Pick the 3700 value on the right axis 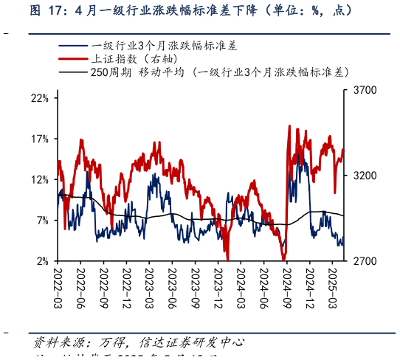pos(365,90)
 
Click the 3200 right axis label pos(365,176)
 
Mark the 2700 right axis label pos(365,261)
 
